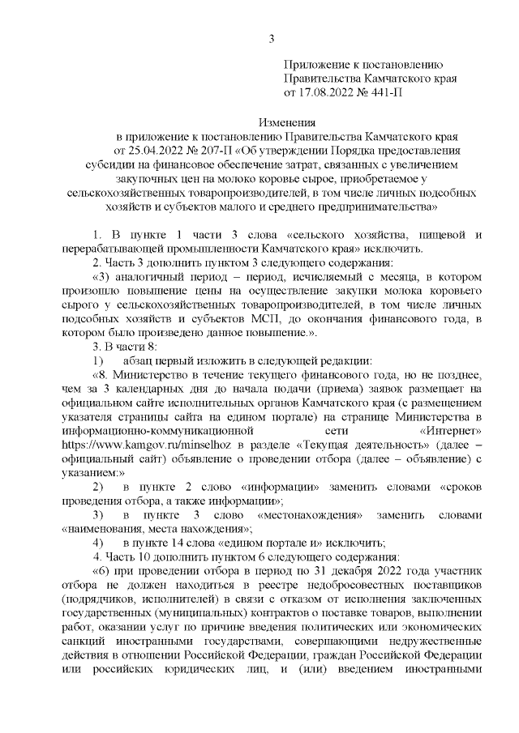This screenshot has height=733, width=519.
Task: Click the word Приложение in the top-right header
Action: click(318, 64)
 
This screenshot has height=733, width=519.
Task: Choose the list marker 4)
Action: click(97, 543)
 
